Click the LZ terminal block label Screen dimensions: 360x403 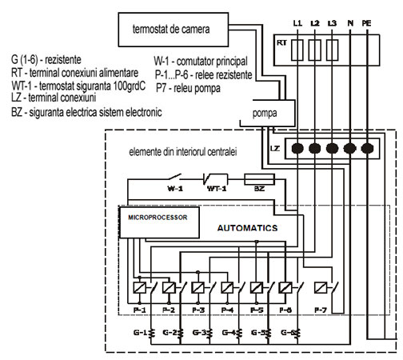[274, 148]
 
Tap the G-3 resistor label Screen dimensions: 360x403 [200, 332]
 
